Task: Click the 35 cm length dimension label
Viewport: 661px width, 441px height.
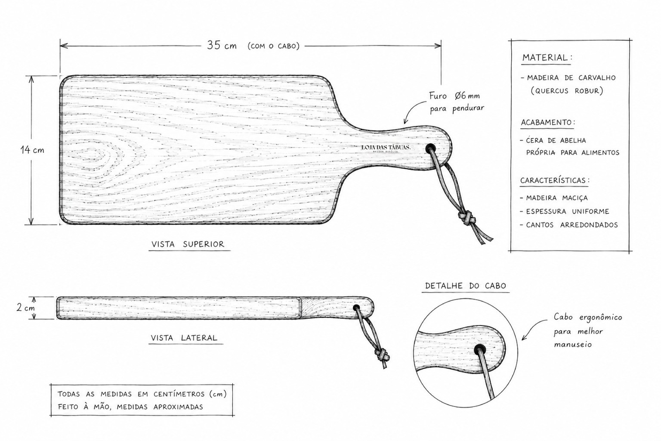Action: (222, 45)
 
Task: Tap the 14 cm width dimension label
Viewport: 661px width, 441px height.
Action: (32, 150)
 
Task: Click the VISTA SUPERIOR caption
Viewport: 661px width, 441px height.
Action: (188, 244)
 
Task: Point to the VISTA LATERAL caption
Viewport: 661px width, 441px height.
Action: (184, 338)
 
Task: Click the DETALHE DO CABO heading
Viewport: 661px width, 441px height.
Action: (465, 286)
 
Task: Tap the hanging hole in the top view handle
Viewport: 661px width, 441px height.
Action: (430, 148)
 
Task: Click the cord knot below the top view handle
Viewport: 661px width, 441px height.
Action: (466, 219)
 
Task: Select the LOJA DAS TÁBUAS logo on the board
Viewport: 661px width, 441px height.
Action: (386, 148)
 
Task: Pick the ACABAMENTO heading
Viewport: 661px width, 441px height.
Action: (548, 123)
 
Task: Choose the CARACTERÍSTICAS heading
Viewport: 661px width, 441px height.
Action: (555, 180)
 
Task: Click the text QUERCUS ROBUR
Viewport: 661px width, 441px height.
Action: (567, 91)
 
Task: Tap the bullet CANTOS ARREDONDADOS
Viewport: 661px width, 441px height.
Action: (572, 225)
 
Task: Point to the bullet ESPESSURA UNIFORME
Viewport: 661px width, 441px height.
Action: (567, 211)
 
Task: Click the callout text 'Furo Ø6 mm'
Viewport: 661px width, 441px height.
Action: (454, 96)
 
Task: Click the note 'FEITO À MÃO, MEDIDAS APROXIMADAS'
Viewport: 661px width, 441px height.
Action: (130, 407)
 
